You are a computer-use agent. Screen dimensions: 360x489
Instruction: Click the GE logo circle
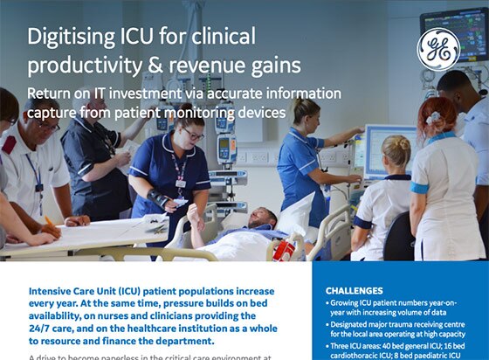tap(439, 49)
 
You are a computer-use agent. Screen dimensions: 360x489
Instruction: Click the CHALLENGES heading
tap(354, 290)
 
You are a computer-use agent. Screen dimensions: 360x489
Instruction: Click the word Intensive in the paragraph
tap(57, 291)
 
